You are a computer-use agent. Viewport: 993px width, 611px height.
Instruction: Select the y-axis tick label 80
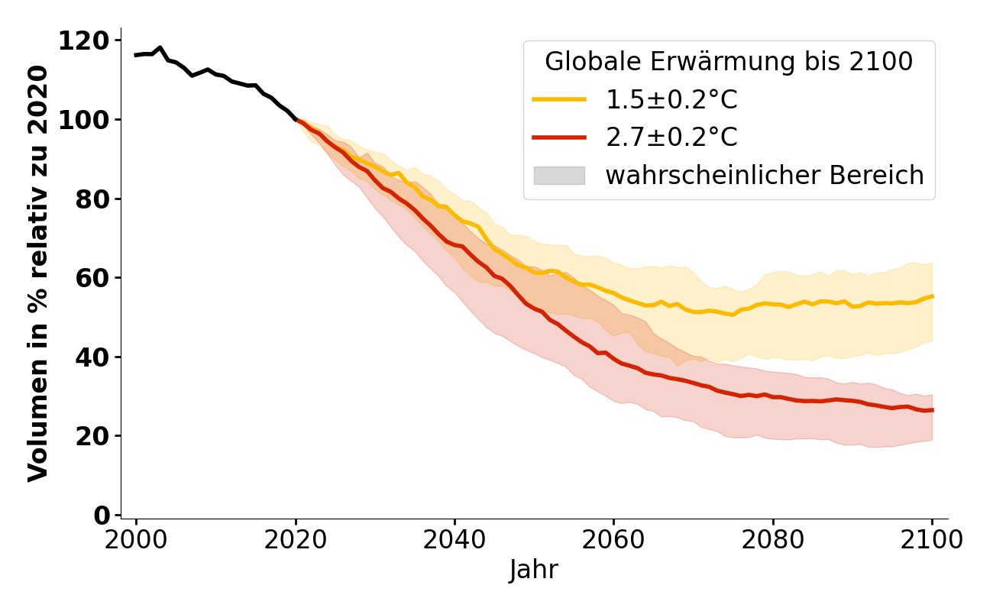94,199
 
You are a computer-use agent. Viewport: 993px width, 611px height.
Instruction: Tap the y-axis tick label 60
94,278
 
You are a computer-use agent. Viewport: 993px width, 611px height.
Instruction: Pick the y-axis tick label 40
94,357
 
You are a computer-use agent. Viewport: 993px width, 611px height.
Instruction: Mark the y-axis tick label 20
94,436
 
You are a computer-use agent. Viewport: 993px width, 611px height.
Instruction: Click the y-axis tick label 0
102,516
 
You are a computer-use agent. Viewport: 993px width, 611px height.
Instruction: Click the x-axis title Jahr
534,570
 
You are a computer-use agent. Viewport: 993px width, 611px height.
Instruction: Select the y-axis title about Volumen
38,273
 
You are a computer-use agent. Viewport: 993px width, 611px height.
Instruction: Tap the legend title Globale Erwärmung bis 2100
729,62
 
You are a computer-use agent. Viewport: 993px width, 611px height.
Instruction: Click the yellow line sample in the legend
559,99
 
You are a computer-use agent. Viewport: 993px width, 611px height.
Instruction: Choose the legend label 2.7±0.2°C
671,137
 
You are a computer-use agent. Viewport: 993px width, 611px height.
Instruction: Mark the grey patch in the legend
559,176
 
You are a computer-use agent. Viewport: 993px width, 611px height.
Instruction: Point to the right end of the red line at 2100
932,410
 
